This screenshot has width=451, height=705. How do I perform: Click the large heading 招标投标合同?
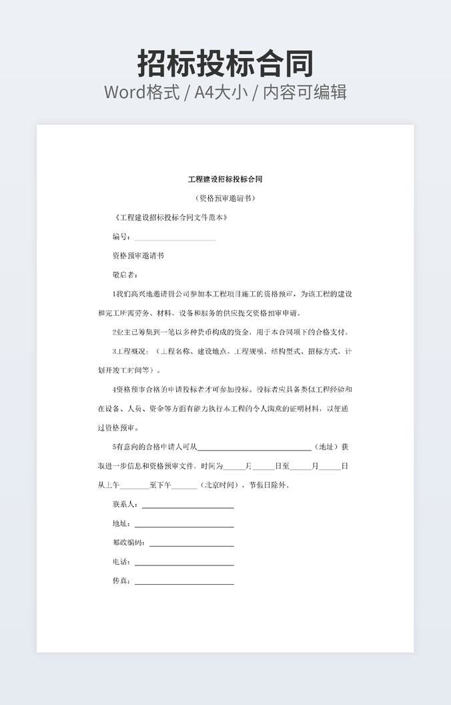point(225,63)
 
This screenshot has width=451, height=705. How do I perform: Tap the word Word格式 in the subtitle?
point(141,92)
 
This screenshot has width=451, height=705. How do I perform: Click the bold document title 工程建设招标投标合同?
point(225,179)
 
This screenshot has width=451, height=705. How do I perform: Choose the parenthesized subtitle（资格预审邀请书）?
point(225,198)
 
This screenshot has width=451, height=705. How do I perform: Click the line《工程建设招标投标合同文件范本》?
point(173,218)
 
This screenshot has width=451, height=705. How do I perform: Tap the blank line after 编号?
point(175,238)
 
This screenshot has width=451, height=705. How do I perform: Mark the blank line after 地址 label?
point(184,525)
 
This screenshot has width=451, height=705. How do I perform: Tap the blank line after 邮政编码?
point(191,545)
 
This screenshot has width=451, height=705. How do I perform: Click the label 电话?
point(121,562)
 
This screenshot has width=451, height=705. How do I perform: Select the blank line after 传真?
point(184,583)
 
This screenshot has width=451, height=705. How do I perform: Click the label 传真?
point(121,581)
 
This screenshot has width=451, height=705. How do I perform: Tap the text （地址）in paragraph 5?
point(326,447)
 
